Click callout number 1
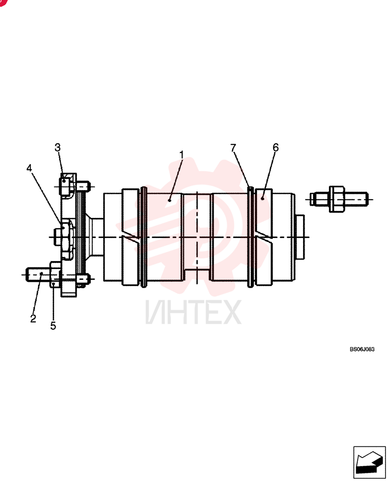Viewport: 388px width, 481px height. [182, 155]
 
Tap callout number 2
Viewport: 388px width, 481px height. [33, 318]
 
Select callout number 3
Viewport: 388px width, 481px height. [58, 148]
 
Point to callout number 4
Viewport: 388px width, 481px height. [29, 168]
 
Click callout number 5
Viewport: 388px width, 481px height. [53, 326]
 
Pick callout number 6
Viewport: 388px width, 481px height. [276, 148]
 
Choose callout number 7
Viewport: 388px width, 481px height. [233, 148]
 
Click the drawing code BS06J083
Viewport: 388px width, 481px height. [362, 349]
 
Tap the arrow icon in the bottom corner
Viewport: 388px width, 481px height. [369, 462]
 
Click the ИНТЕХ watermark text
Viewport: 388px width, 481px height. [193, 312]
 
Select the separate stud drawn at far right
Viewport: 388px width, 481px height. [339, 199]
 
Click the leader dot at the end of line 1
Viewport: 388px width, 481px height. [170, 200]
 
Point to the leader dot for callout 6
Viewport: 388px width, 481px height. [263, 199]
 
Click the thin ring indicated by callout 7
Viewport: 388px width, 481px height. [251, 237]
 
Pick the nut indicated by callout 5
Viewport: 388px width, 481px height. [55, 275]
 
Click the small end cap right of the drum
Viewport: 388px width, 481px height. [299, 237]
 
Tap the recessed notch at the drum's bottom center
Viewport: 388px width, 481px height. [197, 275]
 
